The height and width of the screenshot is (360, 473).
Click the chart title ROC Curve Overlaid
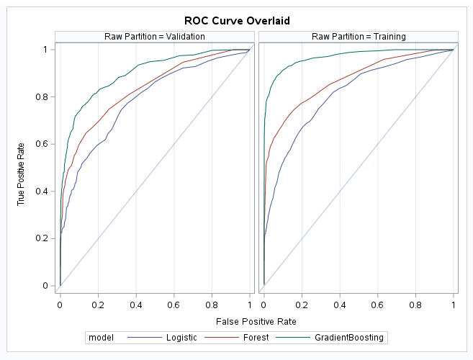click(237, 20)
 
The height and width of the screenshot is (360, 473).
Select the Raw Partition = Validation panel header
click(156, 37)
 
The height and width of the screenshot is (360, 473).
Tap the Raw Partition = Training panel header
click(359, 37)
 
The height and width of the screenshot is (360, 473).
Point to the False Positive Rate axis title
click(257, 320)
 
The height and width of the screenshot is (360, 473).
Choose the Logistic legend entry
click(179, 337)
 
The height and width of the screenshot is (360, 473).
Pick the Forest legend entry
click(255, 337)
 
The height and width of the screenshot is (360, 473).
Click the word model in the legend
click(99, 337)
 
